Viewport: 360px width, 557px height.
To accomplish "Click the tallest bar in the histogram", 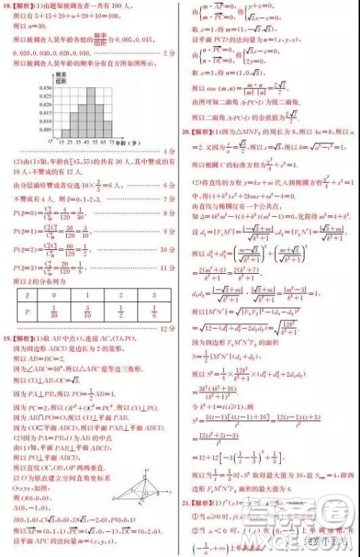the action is pyautogui.click(x=91, y=112).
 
